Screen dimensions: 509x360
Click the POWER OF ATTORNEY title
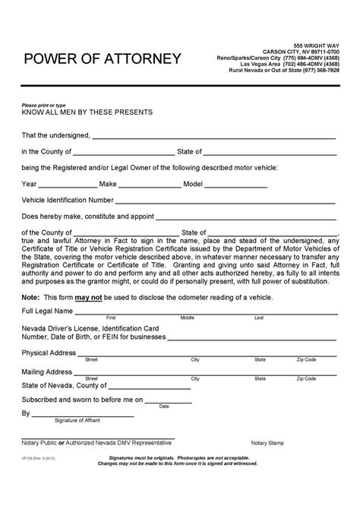pyautogui.click(x=103, y=58)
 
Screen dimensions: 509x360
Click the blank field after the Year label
pyautogui.click(x=68, y=184)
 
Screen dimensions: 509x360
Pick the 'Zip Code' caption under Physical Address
pyautogui.click(x=306, y=359)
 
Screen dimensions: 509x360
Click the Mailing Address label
pyautogui.click(x=47, y=373)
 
